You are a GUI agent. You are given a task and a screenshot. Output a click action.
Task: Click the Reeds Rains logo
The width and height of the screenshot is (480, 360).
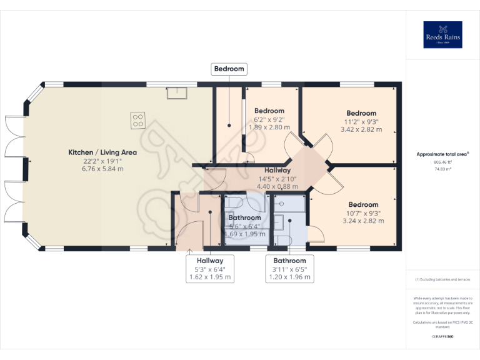(442, 35)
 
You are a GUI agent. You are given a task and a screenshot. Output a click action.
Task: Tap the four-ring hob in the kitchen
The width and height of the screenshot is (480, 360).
(138, 120)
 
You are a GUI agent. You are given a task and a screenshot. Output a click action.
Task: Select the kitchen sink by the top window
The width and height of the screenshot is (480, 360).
(176, 93)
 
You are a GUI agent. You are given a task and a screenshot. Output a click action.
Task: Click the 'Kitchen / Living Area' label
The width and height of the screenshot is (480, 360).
(102, 152)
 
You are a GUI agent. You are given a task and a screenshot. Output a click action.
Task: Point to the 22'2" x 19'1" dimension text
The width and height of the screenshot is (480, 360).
(102, 161)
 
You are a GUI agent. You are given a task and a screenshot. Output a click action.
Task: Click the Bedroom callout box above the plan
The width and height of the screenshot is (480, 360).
(229, 69)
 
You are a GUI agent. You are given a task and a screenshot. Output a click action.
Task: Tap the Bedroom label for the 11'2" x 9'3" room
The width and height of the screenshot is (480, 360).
(361, 113)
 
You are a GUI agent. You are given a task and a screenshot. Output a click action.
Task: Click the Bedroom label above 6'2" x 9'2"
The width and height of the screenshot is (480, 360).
(269, 111)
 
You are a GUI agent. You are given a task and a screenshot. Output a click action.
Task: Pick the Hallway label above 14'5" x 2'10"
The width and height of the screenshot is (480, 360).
(277, 170)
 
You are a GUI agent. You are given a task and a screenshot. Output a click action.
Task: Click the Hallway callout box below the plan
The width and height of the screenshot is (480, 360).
(210, 261)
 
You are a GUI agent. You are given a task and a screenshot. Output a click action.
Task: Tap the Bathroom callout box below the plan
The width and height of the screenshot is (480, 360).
(289, 261)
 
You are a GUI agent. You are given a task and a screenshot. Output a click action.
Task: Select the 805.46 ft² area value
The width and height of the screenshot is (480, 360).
(442, 162)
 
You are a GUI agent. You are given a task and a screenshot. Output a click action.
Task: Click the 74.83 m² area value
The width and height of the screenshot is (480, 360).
(442, 169)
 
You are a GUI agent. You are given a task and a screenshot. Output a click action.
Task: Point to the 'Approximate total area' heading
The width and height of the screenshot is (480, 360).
(442, 154)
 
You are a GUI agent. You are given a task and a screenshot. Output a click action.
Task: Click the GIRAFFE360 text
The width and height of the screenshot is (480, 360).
(442, 337)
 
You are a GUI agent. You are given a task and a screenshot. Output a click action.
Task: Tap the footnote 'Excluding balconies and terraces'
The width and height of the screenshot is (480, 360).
(442, 279)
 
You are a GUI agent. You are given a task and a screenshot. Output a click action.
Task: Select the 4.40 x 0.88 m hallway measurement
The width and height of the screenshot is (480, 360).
(277, 186)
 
